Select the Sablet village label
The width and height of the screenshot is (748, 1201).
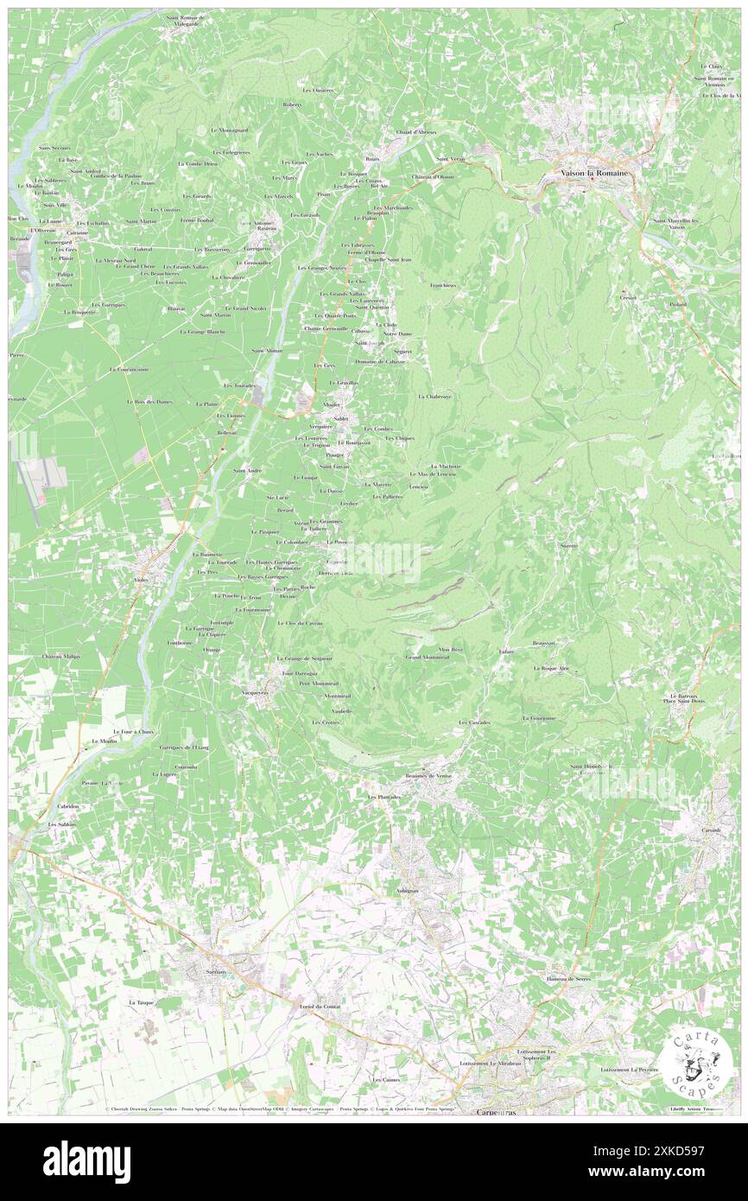coord(340,418)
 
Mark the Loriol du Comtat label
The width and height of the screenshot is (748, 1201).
coord(316,1007)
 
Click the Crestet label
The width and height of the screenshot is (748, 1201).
coord(627,297)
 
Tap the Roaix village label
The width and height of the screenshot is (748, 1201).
coord(373,159)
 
